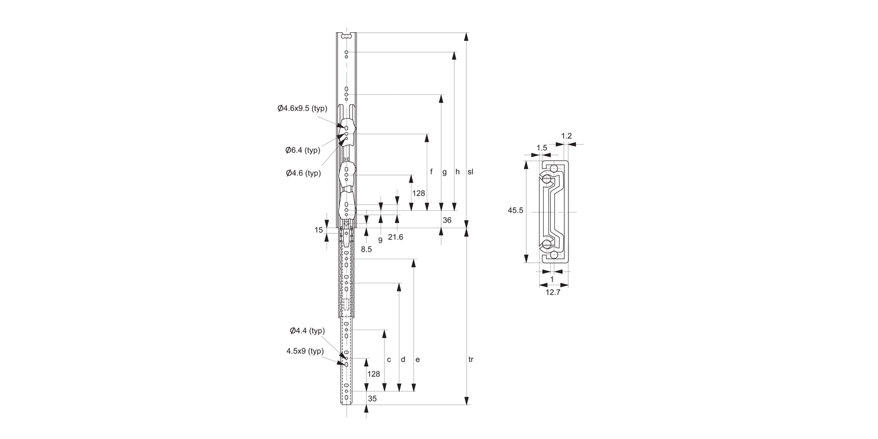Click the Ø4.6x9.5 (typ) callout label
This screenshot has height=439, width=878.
point(302,108)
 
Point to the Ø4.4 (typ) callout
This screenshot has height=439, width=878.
point(307,331)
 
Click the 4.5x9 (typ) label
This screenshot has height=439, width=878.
point(305,351)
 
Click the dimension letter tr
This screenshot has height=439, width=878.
point(471,359)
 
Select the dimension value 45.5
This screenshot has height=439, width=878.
point(515,211)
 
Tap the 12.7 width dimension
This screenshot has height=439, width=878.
point(553,293)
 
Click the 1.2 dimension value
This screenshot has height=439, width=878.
point(566,136)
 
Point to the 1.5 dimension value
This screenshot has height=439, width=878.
point(541,148)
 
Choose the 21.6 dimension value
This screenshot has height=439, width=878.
point(395,237)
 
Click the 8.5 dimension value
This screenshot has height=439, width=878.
point(366,249)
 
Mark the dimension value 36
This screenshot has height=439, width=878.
point(447,221)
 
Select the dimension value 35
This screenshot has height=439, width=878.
point(372,399)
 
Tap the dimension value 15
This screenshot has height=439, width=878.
point(318,230)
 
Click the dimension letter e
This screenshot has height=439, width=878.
point(417,359)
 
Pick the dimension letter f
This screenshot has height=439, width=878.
point(431,172)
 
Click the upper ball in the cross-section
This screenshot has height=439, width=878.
point(553,167)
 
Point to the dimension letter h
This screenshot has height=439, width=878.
point(458,172)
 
